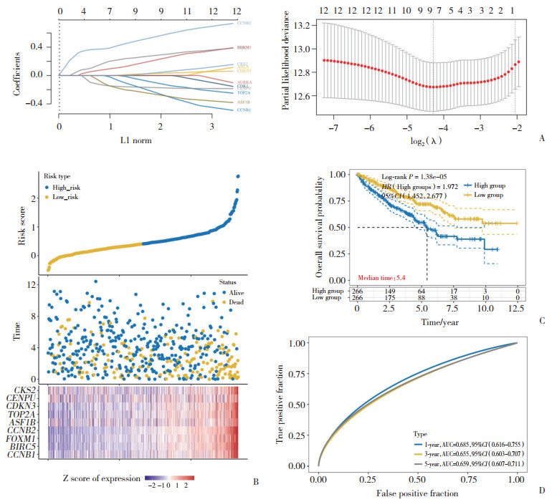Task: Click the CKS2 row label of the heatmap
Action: coord(31,390)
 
